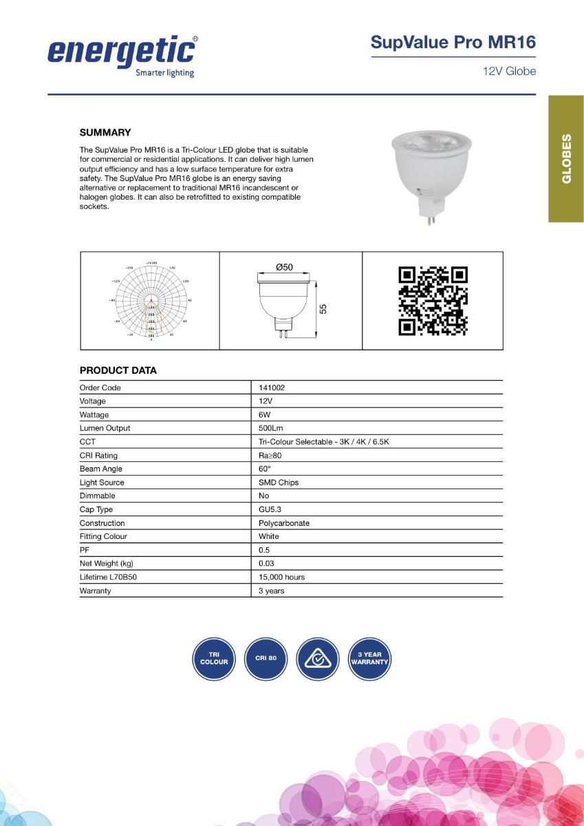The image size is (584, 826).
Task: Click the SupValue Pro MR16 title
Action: point(453,42)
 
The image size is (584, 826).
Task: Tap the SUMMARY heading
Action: point(105,132)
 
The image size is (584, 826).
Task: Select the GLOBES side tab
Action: point(566,159)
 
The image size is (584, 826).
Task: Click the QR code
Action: point(433,301)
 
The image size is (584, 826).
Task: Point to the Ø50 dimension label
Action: point(284,266)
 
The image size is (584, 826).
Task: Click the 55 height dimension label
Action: point(323,309)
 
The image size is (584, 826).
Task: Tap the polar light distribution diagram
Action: point(151,301)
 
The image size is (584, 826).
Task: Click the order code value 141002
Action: point(272,388)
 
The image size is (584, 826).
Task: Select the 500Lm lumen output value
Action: point(271,428)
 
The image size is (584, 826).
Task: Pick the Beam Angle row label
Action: point(101,469)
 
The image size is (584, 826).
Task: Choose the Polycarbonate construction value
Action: point(284,523)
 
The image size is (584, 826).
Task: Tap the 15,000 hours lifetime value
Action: point(281,577)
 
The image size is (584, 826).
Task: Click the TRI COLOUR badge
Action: point(214,659)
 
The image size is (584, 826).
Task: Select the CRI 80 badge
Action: point(266,659)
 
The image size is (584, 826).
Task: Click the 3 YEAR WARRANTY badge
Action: point(369,659)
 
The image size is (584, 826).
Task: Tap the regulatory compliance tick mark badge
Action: point(318,659)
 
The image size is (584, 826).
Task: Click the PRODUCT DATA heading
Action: point(118,370)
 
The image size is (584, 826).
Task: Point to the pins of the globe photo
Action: point(431,220)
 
